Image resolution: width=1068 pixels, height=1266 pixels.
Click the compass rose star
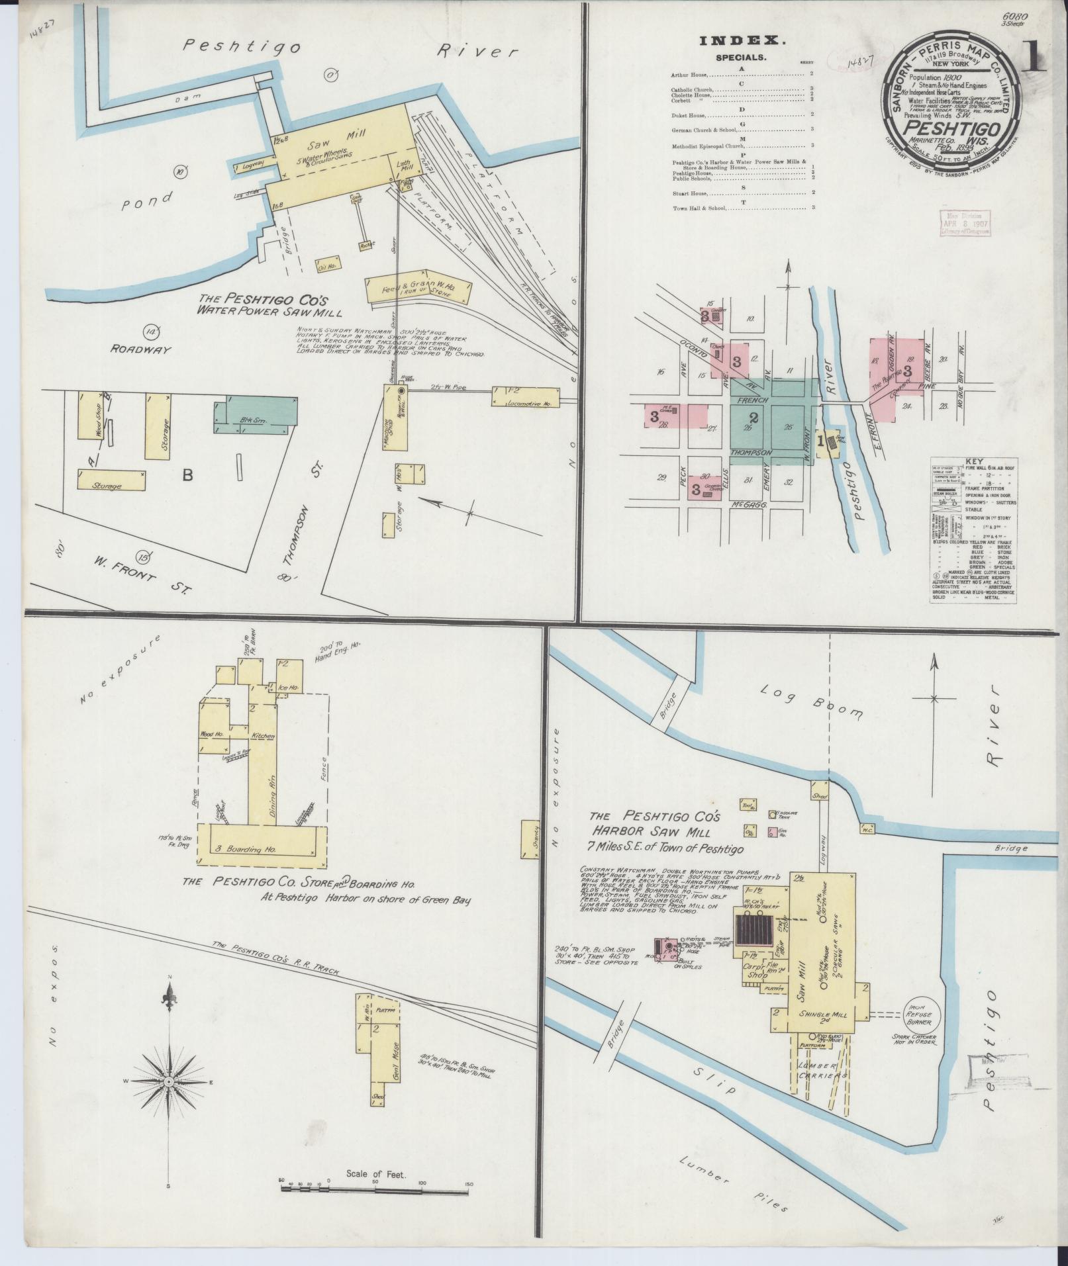(x=169, y=1081)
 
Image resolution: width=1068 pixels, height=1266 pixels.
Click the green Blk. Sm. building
(x=256, y=412)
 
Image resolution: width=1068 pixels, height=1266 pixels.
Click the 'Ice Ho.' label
(x=289, y=688)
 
